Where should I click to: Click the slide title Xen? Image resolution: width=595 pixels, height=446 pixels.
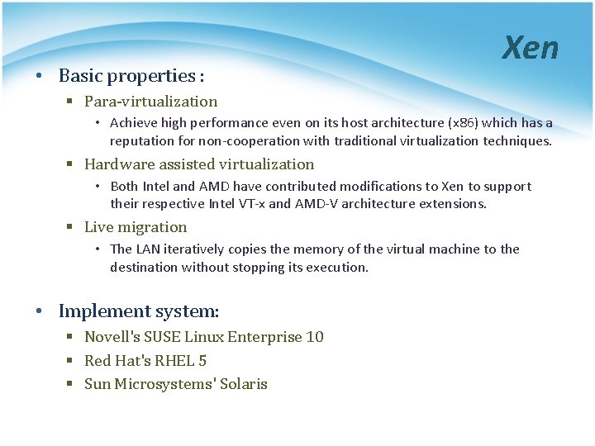(531, 49)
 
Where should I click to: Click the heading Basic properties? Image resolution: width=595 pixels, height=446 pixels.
(131, 76)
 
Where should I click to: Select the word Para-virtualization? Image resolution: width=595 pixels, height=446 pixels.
(150, 102)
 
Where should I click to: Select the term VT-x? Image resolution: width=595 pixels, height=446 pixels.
(248, 204)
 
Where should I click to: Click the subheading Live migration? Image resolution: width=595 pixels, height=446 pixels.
(136, 227)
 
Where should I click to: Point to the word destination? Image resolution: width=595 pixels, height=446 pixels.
(144, 268)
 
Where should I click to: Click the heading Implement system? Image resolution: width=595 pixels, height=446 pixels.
(139, 311)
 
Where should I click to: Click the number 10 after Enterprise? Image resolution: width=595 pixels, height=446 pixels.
(314, 337)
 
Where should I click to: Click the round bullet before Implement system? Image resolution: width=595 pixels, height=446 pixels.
(40, 312)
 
